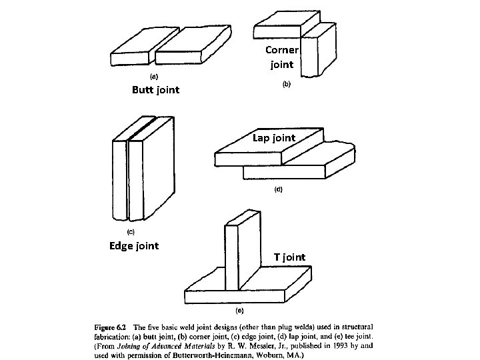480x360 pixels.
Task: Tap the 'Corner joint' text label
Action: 281,57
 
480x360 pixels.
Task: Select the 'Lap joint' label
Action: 273,138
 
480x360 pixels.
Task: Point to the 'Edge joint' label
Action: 133,246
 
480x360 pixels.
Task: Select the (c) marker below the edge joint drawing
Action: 131,233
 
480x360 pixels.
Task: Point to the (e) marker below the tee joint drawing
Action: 238,311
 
